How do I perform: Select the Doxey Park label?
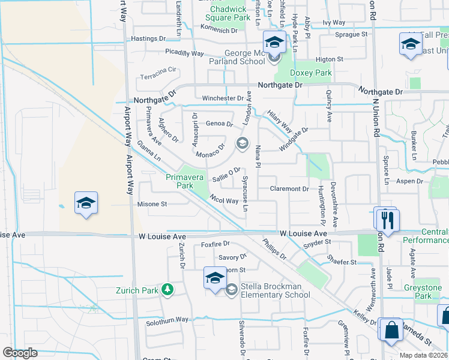pos(311,73)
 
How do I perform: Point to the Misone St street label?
pos(152,204)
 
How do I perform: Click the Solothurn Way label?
pos(167,321)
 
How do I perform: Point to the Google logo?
pos(20,352)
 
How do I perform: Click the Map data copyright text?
pos(424,355)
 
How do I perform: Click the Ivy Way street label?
pos(334,23)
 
